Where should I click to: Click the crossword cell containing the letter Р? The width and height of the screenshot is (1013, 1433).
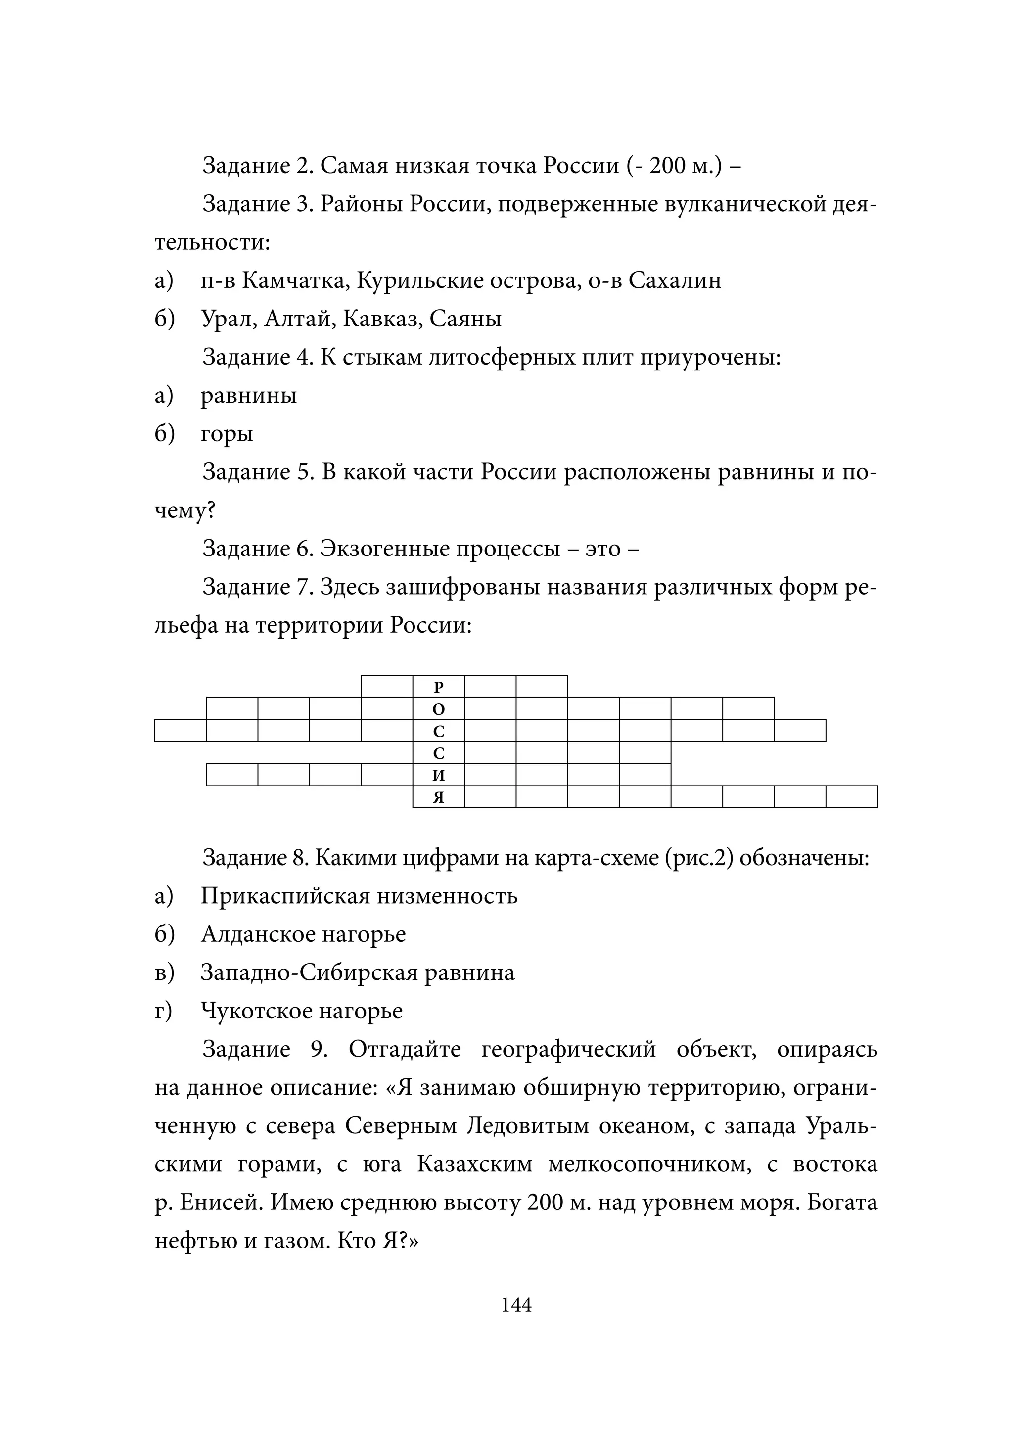point(438,687)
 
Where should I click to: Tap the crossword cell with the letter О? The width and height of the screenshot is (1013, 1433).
point(438,709)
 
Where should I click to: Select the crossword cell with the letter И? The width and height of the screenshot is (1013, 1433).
point(438,775)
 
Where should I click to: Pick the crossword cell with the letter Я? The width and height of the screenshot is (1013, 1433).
point(438,797)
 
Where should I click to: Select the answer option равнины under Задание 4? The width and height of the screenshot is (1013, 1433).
point(248,396)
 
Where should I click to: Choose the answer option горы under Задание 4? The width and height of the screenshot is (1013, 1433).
point(227,434)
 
